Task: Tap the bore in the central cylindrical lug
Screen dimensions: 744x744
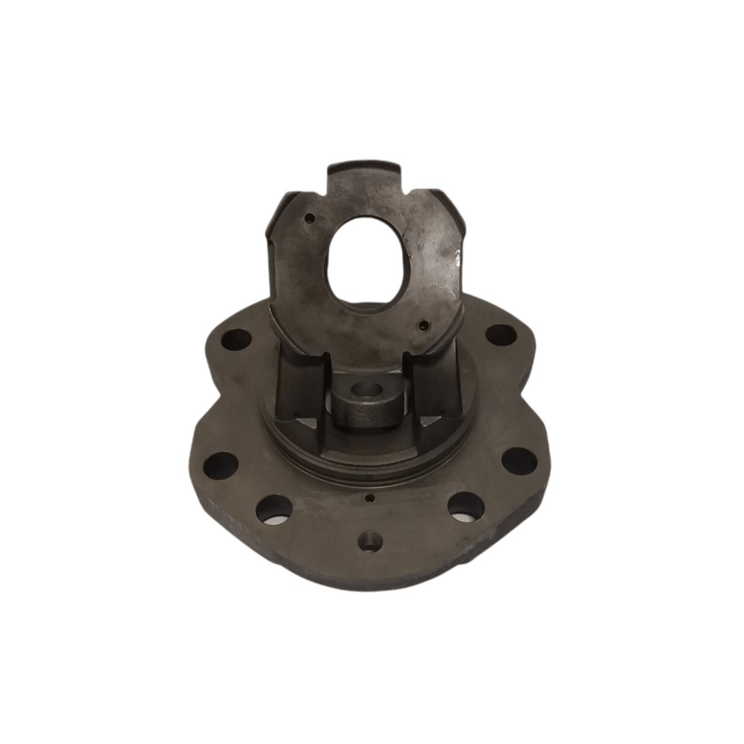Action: coord(366,397)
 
